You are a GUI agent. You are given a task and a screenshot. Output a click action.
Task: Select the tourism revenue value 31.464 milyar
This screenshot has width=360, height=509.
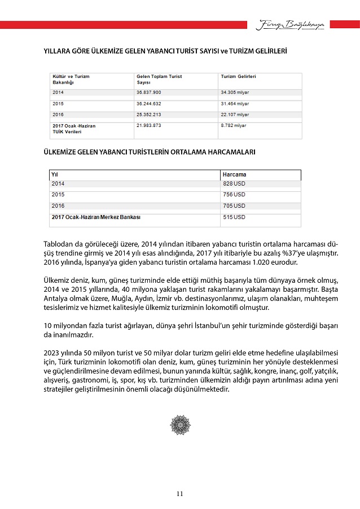tap(235, 104)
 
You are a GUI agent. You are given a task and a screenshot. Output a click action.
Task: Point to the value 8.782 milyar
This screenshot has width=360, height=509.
tap(233, 125)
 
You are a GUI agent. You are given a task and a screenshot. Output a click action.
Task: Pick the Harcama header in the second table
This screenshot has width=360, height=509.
tap(235, 174)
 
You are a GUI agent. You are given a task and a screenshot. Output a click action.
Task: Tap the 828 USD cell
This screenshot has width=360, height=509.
tap(234, 184)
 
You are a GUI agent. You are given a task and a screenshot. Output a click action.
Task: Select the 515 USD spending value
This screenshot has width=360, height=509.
tap(234, 217)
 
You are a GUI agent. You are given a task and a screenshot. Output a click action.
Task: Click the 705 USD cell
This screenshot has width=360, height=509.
tap(234, 206)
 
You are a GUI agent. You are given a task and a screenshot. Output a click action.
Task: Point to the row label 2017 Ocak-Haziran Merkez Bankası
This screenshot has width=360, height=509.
tap(96, 217)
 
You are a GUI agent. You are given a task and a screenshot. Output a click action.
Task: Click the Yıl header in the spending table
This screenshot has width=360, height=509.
tap(55, 174)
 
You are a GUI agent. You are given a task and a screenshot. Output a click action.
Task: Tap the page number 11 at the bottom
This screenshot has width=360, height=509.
tap(179, 494)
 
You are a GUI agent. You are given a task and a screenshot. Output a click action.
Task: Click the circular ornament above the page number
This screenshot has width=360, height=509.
tap(180, 424)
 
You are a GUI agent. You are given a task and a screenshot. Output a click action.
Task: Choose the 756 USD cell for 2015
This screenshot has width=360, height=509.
tap(234, 195)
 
